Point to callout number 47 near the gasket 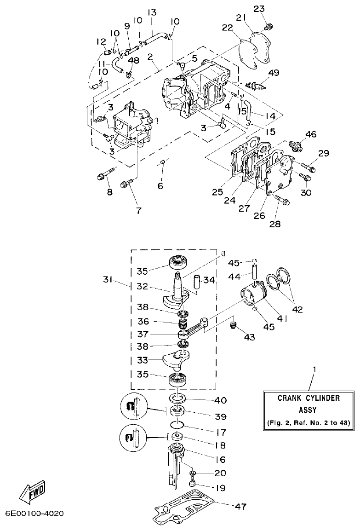(240, 507)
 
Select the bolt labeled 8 (105, 175)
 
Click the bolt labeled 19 (193, 482)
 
